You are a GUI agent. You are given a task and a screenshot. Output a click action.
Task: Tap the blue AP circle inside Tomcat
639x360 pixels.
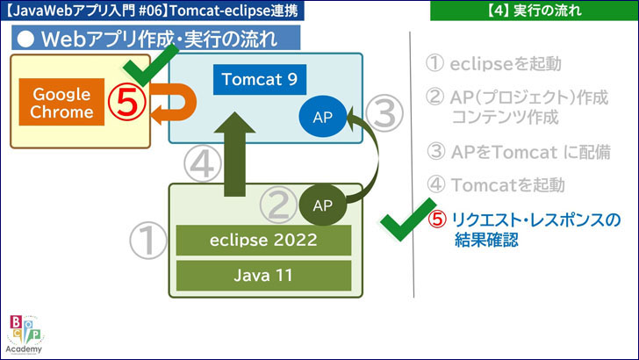[321, 118]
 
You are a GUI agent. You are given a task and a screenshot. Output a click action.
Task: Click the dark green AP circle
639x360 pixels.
[322, 205]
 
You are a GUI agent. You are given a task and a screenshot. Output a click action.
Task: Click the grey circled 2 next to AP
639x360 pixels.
[278, 206]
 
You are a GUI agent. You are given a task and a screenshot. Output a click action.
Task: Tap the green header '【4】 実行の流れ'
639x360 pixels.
[534, 11]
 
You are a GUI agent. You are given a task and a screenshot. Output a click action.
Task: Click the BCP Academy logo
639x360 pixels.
[26, 334]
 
